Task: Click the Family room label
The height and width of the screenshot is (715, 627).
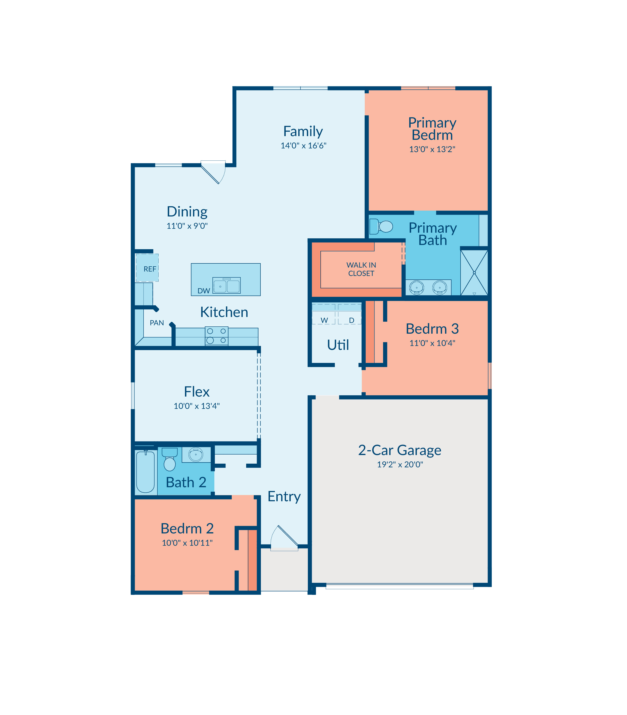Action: (303, 132)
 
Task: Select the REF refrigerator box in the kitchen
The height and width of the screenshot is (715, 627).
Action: (147, 268)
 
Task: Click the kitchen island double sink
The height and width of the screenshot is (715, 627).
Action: (227, 285)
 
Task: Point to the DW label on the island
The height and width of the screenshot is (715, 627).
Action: (204, 291)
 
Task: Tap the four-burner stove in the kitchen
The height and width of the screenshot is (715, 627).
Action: (217, 336)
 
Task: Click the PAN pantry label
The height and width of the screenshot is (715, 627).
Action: (157, 323)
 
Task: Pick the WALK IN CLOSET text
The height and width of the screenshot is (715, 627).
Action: (361, 269)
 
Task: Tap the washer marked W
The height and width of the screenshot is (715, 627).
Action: (324, 314)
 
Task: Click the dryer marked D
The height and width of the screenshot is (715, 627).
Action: (350, 314)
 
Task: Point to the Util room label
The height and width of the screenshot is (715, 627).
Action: (338, 345)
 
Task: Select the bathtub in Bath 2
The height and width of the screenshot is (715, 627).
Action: (145, 472)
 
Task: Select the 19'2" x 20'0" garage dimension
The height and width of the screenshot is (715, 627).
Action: (400, 465)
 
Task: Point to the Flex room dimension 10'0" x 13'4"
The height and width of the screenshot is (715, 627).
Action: (197, 406)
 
